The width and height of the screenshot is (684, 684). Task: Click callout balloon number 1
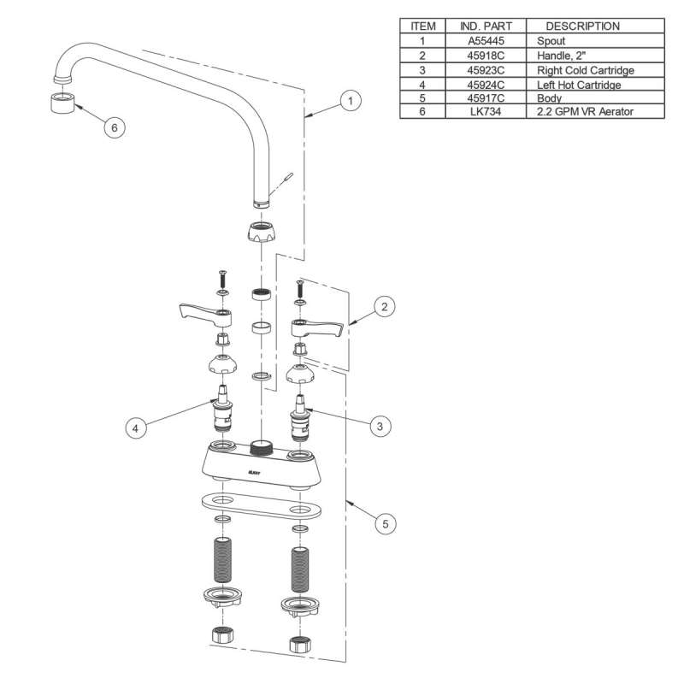[x=348, y=101]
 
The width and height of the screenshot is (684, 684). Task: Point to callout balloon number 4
[x=136, y=427]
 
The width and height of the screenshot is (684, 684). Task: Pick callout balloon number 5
[x=387, y=524]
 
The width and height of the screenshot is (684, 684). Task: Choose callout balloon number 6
[x=114, y=127]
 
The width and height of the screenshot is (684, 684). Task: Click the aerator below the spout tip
[x=59, y=104]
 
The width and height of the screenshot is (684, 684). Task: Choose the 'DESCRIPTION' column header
[x=582, y=26]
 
